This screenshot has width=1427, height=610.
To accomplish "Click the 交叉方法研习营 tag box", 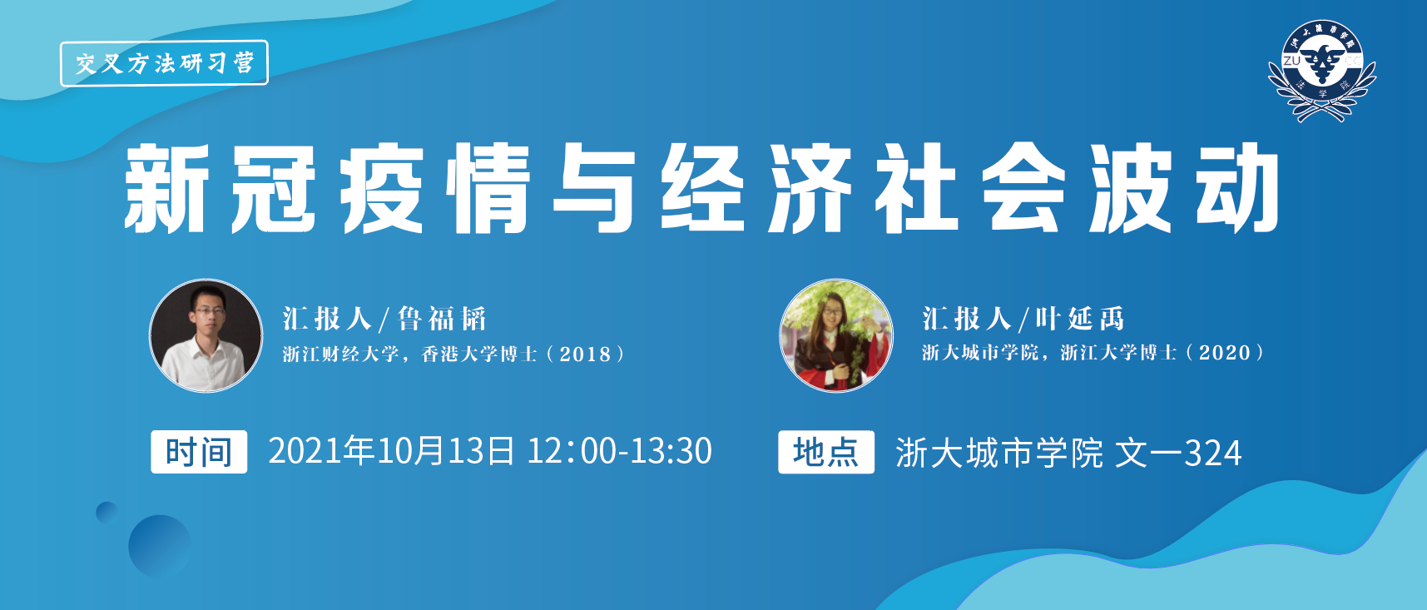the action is pyautogui.click(x=164, y=63).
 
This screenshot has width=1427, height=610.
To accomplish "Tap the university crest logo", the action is pyautogui.click(x=1321, y=71).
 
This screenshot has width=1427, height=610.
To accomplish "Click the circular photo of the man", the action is pyautogui.click(x=206, y=335).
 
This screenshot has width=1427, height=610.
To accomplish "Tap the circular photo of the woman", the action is pyautogui.click(x=836, y=335).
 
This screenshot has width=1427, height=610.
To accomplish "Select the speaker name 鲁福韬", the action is pyautogui.click(x=442, y=319).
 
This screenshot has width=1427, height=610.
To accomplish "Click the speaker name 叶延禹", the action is pyautogui.click(x=1080, y=319).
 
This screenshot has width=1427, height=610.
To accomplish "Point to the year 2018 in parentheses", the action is pyautogui.click(x=585, y=355).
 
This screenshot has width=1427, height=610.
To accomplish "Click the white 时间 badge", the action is pyautogui.click(x=199, y=452).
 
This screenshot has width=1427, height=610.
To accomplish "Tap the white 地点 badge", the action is pyautogui.click(x=826, y=452).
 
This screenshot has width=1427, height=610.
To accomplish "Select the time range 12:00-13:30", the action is pyautogui.click(x=620, y=451).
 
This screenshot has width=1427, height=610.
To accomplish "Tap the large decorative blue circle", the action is pyautogui.click(x=160, y=546).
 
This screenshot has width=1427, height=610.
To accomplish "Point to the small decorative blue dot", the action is pyautogui.click(x=107, y=512).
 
